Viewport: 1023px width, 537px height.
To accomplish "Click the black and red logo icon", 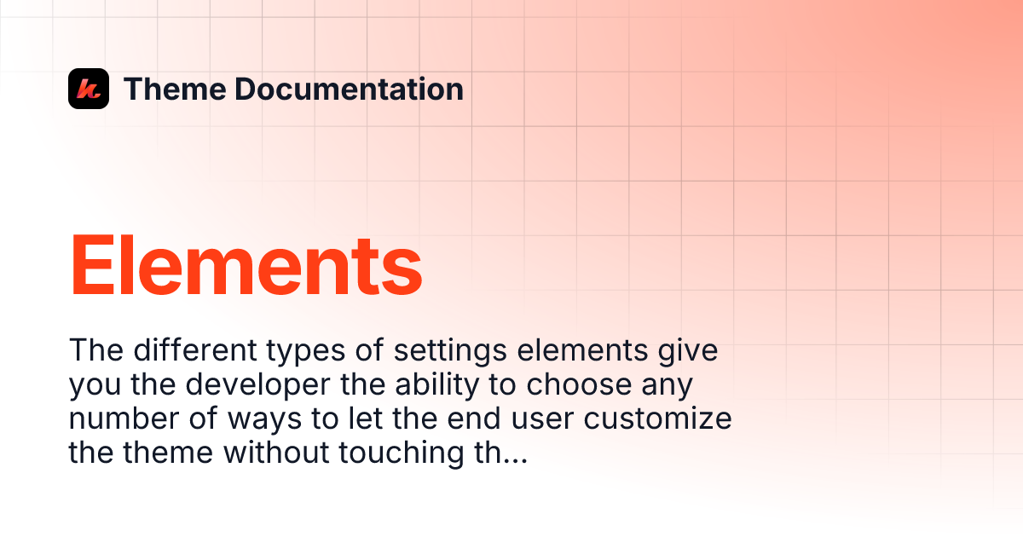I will (x=89, y=89).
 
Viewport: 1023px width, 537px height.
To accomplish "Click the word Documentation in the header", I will (x=349, y=89).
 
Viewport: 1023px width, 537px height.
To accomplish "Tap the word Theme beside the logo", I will (x=174, y=89).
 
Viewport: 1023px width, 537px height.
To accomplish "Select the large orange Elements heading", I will (x=246, y=266).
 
